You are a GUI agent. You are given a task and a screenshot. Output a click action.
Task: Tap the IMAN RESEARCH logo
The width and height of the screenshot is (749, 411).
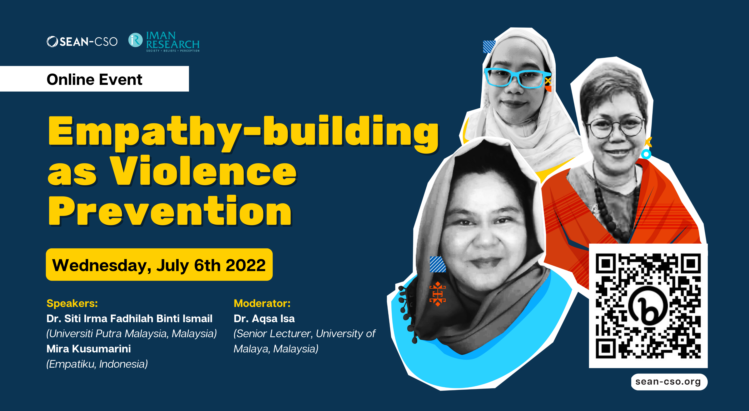coord(164,41)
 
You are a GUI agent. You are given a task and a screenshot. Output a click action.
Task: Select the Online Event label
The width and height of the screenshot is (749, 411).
coord(94,79)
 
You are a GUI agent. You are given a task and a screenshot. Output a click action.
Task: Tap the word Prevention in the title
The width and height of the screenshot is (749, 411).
coord(170,211)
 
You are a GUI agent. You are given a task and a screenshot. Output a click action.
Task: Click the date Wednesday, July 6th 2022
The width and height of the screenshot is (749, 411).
coord(159,265)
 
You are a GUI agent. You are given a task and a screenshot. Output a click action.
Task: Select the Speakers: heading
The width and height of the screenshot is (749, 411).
coord(72,303)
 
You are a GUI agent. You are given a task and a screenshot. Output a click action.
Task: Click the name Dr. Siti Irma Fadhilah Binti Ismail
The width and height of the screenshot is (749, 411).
coord(129,318)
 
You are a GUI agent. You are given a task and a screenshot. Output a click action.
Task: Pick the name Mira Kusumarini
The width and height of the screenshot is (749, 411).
coord(89,349)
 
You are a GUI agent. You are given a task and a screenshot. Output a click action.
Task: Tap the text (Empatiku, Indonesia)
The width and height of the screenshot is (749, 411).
coord(97,364)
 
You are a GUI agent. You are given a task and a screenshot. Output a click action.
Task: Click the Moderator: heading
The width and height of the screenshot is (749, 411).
coord(262,303)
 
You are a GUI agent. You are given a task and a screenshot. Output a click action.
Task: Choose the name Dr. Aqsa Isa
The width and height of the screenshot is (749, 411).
coord(264,318)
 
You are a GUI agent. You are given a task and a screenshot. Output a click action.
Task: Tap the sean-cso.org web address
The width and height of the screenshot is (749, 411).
coord(668,382)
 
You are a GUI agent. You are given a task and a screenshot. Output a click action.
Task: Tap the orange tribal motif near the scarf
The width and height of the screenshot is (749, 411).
coord(438,294)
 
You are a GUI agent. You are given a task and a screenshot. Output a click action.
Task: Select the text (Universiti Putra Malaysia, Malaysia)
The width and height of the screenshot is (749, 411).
coord(132,334)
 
